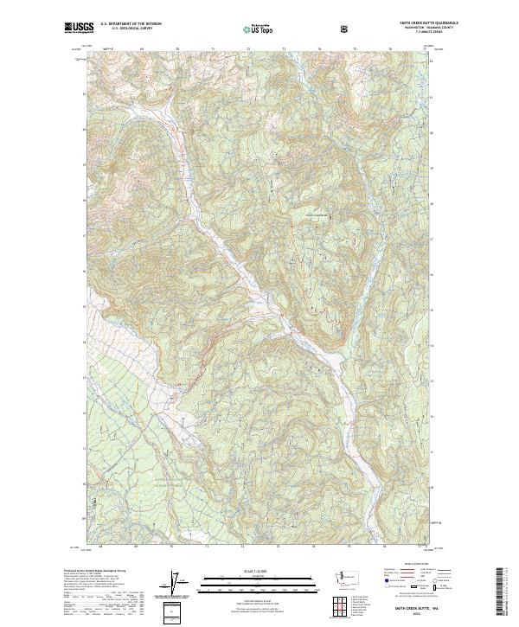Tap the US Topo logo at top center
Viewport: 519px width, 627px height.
pyautogui.click(x=257, y=29)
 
